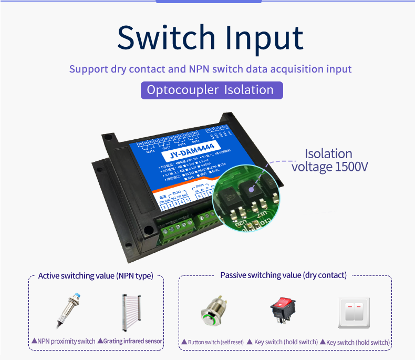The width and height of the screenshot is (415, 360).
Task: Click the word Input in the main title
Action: [265, 38]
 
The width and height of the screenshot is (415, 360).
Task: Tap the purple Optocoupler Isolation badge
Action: [211, 90]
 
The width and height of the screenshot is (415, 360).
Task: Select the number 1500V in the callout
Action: [351, 167]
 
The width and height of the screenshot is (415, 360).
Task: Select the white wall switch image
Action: [354, 314]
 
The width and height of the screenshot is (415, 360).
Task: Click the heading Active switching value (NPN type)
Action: [96, 276]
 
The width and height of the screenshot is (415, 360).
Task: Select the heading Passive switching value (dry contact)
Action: [283, 275]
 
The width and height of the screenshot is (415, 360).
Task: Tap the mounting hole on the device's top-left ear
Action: [109, 138]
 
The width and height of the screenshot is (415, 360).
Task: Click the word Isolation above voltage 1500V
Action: [329, 154]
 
